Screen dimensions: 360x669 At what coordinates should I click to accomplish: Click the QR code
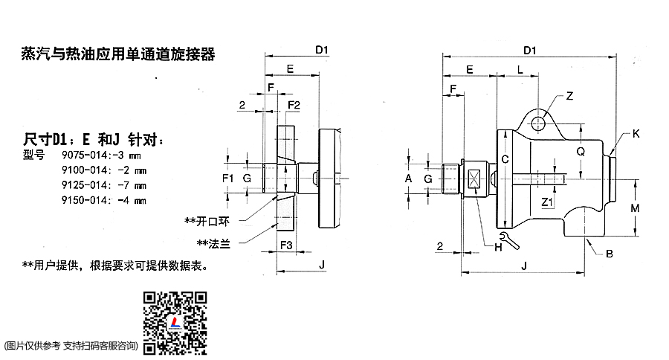pyautogui.click(x=175, y=322)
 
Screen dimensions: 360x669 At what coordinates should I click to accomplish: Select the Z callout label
pyautogui.click(x=569, y=96)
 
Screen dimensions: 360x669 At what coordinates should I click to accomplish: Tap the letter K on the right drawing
pyautogui.click(x=636, y=135)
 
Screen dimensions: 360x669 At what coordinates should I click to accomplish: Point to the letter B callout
pyautogui.click(x=609, y=254)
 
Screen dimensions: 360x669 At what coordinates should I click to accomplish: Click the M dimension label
pyautogui.click(x=636, y=208)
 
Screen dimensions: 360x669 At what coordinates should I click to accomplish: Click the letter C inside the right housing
pyautogui.click(x=505, y=160)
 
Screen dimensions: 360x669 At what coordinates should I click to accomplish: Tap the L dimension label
pyautogui.click(x=520, y=69)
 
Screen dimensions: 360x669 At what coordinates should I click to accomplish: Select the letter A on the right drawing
pyautogui.click(x=407, y=179)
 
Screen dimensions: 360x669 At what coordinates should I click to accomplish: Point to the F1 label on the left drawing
pyautogui.click(x=228, y=179)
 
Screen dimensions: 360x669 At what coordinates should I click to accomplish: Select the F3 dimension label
pyautogui.click(x=286, y=245)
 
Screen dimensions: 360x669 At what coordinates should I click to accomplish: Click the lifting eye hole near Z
pyautogui.click(x=542, y=117)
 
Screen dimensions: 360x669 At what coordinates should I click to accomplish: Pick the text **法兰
pyautogui.click(x=213, y=243)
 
